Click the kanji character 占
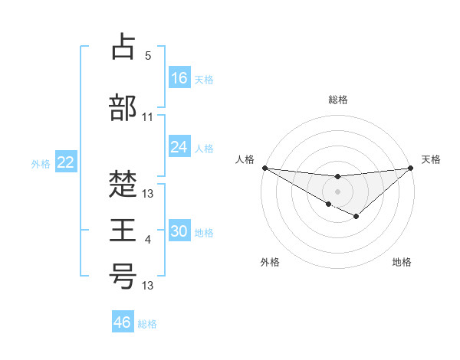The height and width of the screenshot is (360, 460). [x=123, y=47]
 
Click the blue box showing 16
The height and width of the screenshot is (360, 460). [x=179, y=78]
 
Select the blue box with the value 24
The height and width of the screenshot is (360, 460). [x=179, y=147]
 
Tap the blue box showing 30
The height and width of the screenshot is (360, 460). [x=179, y=232]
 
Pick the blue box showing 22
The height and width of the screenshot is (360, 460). [x=66, y=162]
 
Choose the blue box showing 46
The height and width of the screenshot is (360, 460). [x=122, y=322]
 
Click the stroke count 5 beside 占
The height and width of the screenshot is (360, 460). [x=148, y=56]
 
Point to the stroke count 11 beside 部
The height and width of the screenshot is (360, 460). [x=148, y=117]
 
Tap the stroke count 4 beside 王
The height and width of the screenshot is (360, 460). [x=148, y=241]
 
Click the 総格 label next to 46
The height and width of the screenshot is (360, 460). [x=147, y=324]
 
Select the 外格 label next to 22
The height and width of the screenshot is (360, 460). [x=41, y=164]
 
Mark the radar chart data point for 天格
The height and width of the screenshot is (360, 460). [x=410, y=168]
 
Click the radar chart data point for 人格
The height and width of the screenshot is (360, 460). [x=264, y=168]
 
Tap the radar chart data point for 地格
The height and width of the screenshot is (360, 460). [x=356, y=217]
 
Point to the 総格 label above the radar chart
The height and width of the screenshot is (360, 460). [x=337, y=100]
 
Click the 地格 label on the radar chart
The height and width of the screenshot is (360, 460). [x=402, y=262]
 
